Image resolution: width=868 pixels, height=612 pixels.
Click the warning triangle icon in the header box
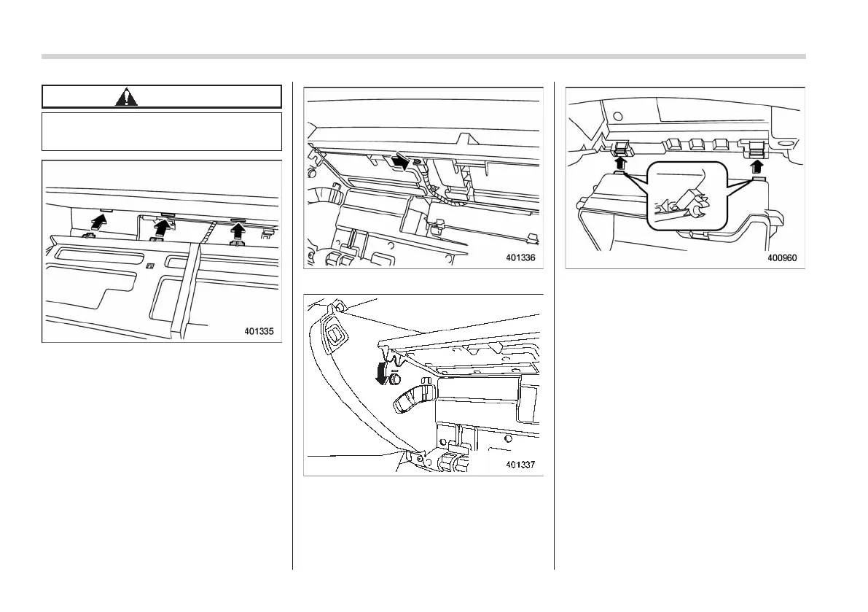tap(127, 97)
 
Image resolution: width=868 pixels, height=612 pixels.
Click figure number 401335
tap(259, 331)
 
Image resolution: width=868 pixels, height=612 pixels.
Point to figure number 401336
tap(521, 257)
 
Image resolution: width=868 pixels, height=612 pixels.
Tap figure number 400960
tap(783, 257)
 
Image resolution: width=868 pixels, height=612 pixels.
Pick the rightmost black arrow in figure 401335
tap(238, 230)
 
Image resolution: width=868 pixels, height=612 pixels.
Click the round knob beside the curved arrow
tap(396, 380)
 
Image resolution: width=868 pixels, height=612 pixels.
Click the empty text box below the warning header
tap(162, 131)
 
